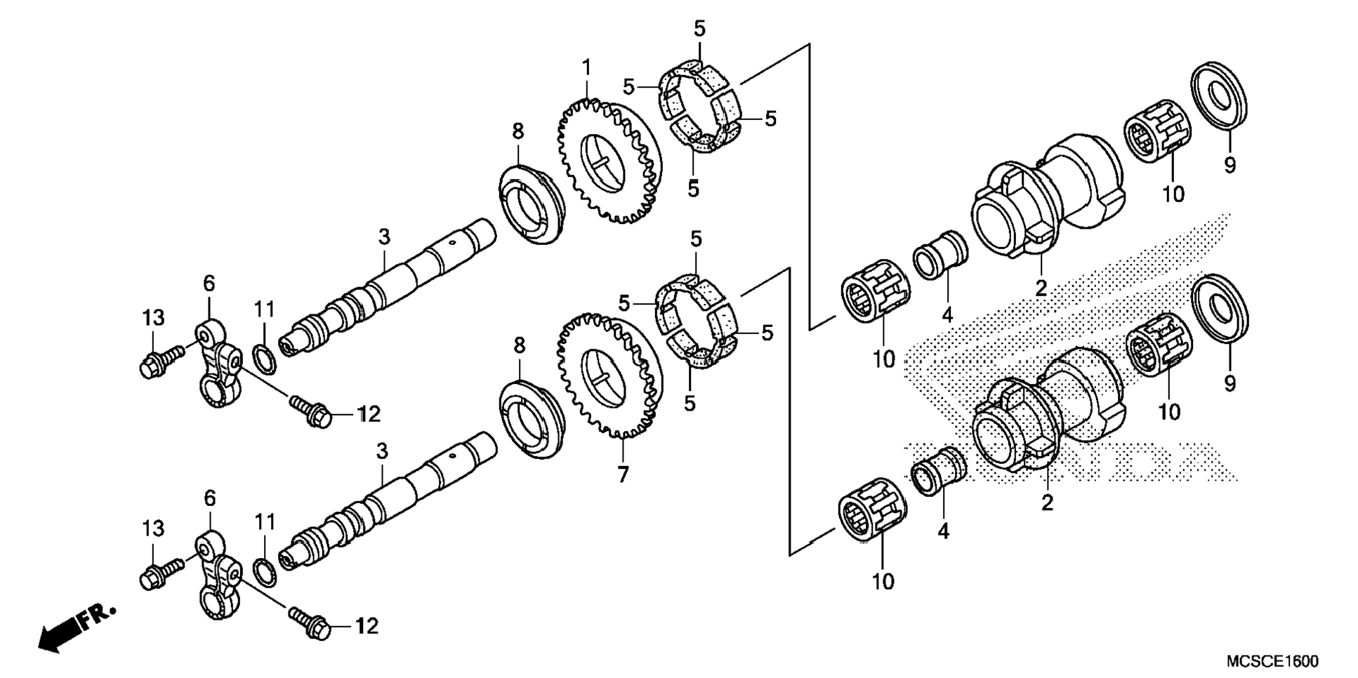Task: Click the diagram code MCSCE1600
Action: [x=1272, y=661]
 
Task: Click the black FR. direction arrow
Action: [x=77, y=627]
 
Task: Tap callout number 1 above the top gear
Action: [x=586, y=68]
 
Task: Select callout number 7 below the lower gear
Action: [x=623, y=475]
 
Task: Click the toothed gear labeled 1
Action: [x=610, y=162]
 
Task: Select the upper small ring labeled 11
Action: [x=264, y=359]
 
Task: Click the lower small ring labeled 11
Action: [x=264, y=573]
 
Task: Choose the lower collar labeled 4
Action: [x=940, y=470]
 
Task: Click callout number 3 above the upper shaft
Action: [x=383, y=237]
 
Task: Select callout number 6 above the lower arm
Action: [x=209, y=498]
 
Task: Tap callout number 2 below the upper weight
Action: [x=1041, y=287]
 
